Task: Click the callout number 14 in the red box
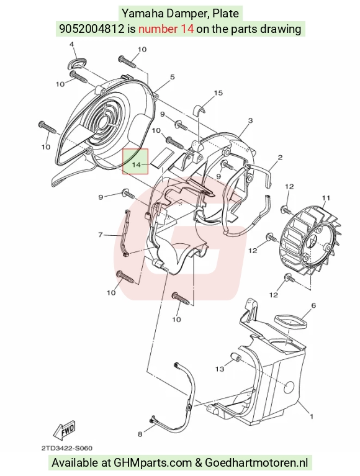coord(137,164)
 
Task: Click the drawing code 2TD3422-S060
coord(67,448)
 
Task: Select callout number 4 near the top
coord(72,44)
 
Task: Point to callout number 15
coord(218,92)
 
